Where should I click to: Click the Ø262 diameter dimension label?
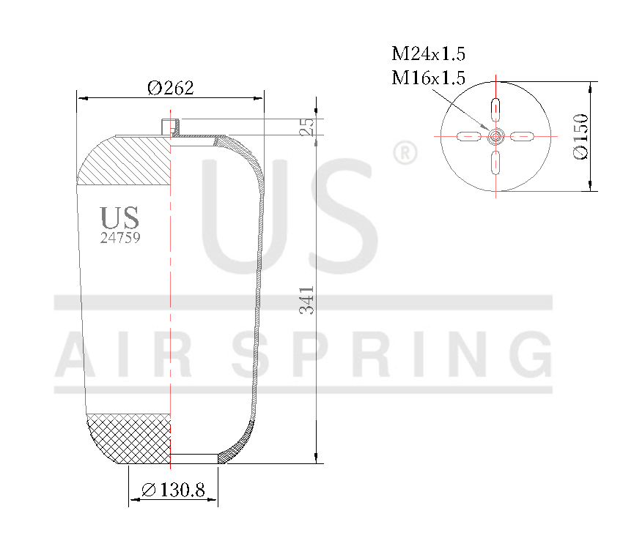(170, 89)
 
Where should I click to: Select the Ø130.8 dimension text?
(173, 490)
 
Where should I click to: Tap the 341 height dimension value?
(308, 300)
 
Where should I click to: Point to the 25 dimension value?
(308, 127)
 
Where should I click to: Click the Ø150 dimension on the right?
(580, 136)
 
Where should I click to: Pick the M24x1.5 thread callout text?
(429, 54)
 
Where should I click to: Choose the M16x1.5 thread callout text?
(429, 78)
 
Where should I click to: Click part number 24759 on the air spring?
(120, 238)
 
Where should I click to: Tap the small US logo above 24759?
(119, 218)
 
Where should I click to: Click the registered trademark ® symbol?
(405, 154)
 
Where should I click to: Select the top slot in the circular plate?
(496, 109)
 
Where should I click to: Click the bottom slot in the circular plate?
(496, 162)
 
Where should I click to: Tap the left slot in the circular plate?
(469, 136)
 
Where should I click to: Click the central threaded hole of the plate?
(496, 136)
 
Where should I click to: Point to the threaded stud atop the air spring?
(169, 126)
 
